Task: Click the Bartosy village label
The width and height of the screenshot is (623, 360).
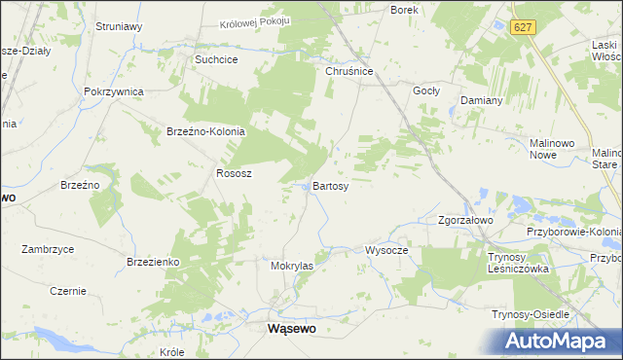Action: pyautogui.click(x=331, y=186)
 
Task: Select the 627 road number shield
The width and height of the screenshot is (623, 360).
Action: pyautogui.click(x=524, y=28)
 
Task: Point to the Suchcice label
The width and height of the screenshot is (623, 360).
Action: pyautogui.click(x=217, y=59)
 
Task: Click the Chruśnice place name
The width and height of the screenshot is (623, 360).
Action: pyautogui.click(x=349, y=70)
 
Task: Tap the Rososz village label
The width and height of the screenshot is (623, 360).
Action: pyautogui.click(x=234, y=173)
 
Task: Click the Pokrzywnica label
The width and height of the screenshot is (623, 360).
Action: pyautogui.click(x=114, y=91)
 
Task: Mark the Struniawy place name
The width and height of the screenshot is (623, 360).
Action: pyautogui.click(x=120, y=27)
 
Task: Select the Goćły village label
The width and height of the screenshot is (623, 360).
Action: pyautogui.click(x=427, y=90)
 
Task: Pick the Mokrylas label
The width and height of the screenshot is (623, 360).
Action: pyautogui.click(x=292, y=265)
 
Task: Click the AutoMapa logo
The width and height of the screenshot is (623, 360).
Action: pyautogui.click(x=558, y=342)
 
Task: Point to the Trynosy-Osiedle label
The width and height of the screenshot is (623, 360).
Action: pyautogui.click(x=531, y=314)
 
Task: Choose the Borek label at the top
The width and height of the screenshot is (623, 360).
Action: pyautogui.click(x=404, y=10)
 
